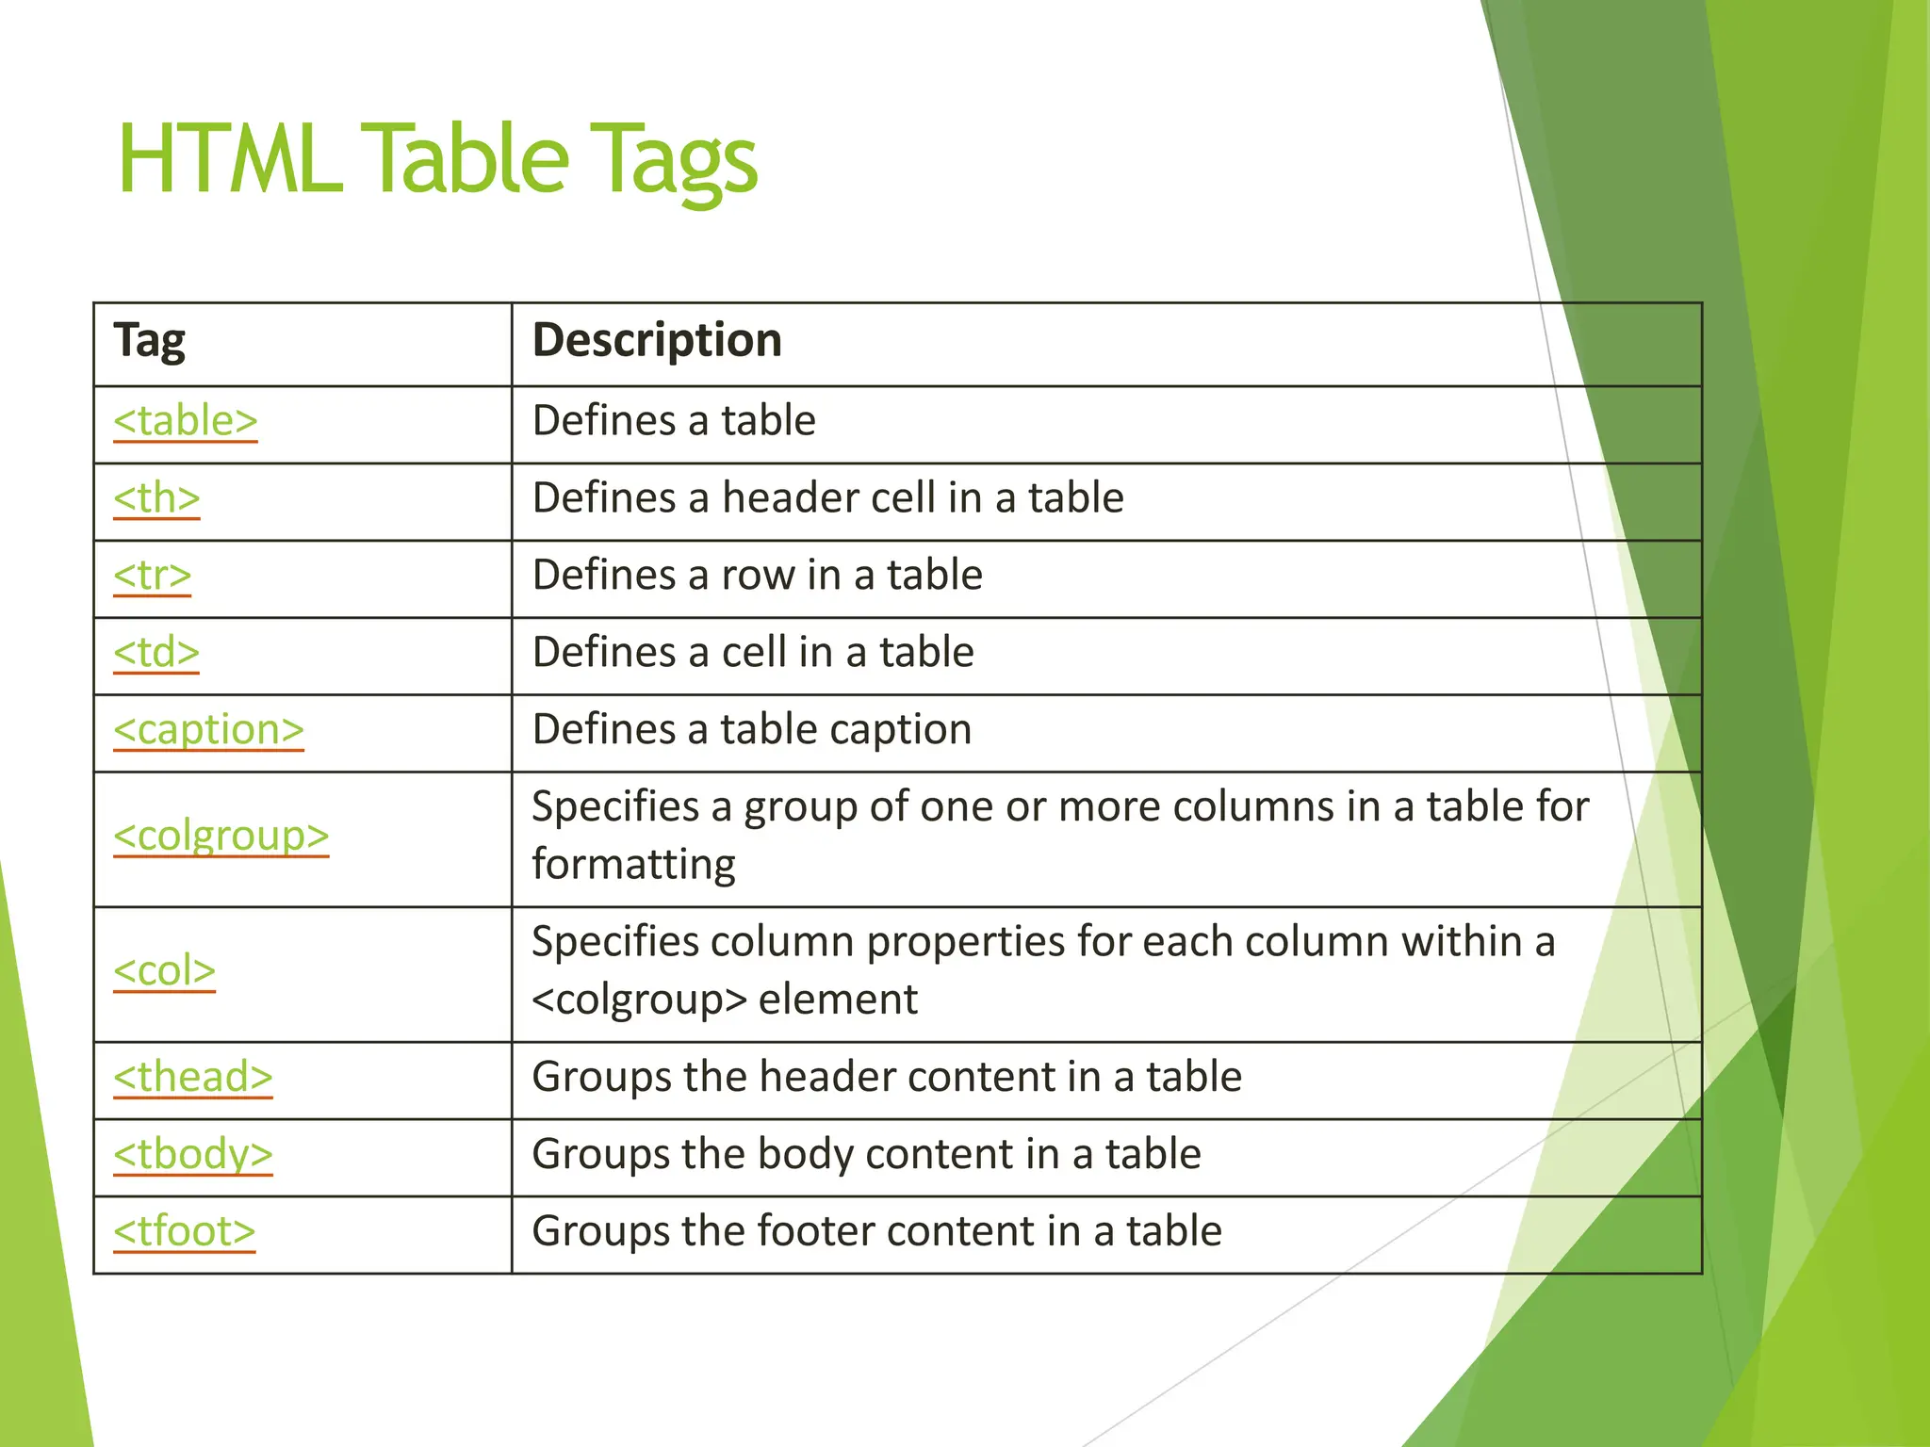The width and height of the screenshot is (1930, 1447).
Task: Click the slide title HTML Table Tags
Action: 437,160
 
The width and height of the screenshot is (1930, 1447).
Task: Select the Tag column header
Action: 149,340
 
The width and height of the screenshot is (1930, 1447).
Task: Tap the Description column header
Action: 657,340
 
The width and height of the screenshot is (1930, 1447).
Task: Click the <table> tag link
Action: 185,420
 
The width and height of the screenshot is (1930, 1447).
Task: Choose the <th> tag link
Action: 156,497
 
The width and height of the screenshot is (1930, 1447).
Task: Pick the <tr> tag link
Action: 152,575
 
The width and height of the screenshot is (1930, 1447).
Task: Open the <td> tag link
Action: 156,652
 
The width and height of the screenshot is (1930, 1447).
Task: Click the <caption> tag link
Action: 208,729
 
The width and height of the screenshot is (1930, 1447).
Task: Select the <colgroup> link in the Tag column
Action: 221,836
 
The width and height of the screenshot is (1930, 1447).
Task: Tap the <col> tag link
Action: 164,970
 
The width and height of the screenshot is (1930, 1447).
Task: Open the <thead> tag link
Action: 192,1077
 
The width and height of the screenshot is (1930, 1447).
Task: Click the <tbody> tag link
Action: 192,1154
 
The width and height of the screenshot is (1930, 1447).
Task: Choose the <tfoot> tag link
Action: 184,1231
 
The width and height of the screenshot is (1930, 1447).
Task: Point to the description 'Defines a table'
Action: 674,420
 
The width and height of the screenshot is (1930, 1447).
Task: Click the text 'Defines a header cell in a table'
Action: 827,497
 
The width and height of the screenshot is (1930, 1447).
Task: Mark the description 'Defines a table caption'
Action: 751,729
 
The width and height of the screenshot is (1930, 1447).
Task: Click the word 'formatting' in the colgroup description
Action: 633,865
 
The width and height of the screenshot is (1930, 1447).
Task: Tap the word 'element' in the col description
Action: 838,1000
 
